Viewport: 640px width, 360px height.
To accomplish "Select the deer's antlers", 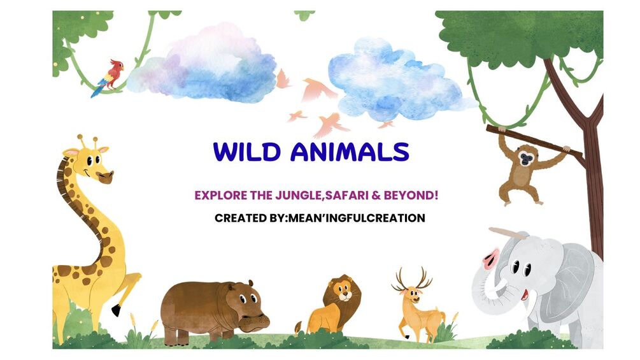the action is point(411,278).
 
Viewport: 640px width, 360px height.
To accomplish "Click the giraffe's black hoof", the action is point(117,310).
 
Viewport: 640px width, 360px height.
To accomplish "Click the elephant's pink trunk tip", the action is point(491,258).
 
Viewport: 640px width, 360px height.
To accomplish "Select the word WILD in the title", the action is point(247,152).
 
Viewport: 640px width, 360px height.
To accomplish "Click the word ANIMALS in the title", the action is point(350,152).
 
